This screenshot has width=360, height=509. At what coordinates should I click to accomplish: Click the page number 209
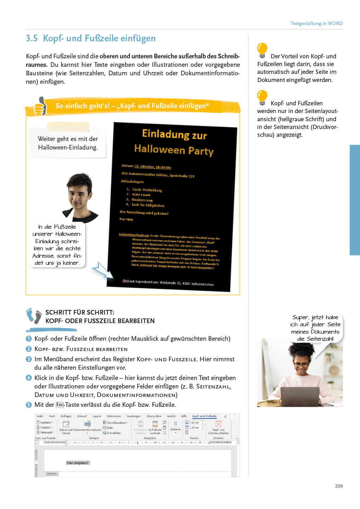[x=338, y=486]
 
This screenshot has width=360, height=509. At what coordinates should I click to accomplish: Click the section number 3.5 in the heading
[x=31, y=38]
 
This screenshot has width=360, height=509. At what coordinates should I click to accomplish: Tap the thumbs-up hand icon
[x=40, y=106]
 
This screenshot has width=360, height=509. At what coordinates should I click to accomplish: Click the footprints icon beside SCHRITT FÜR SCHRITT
[x=34, y=316]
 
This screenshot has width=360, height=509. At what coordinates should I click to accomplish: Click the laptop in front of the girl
[x=300, y=396]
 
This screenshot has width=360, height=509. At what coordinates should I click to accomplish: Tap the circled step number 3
[x=29, y=359]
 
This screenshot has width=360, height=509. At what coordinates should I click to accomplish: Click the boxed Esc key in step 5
[x=60, y=405]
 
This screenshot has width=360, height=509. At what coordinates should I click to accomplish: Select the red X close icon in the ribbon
[x=219, y=424]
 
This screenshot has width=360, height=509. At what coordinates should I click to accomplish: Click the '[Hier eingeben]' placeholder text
[x=78, y=463]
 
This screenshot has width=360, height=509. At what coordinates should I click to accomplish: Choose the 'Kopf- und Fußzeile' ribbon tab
[x=204, y=416]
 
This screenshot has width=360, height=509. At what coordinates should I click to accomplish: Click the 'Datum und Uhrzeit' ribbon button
[x=66, y=427]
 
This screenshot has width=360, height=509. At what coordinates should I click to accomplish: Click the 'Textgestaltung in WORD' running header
[x=316, y=23]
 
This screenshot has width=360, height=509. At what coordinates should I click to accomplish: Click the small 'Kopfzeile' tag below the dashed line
[x=51, y=474]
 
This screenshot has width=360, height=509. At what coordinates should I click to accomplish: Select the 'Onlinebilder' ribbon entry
[x=114, y=433]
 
